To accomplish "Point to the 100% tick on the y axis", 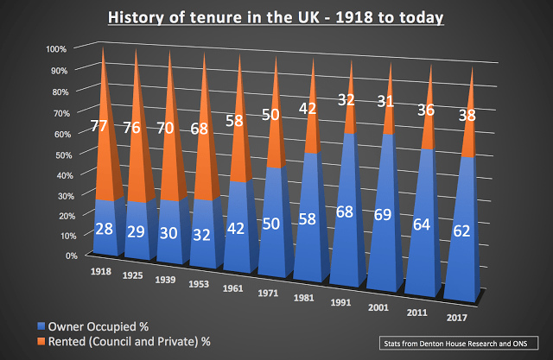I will point(54,48).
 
